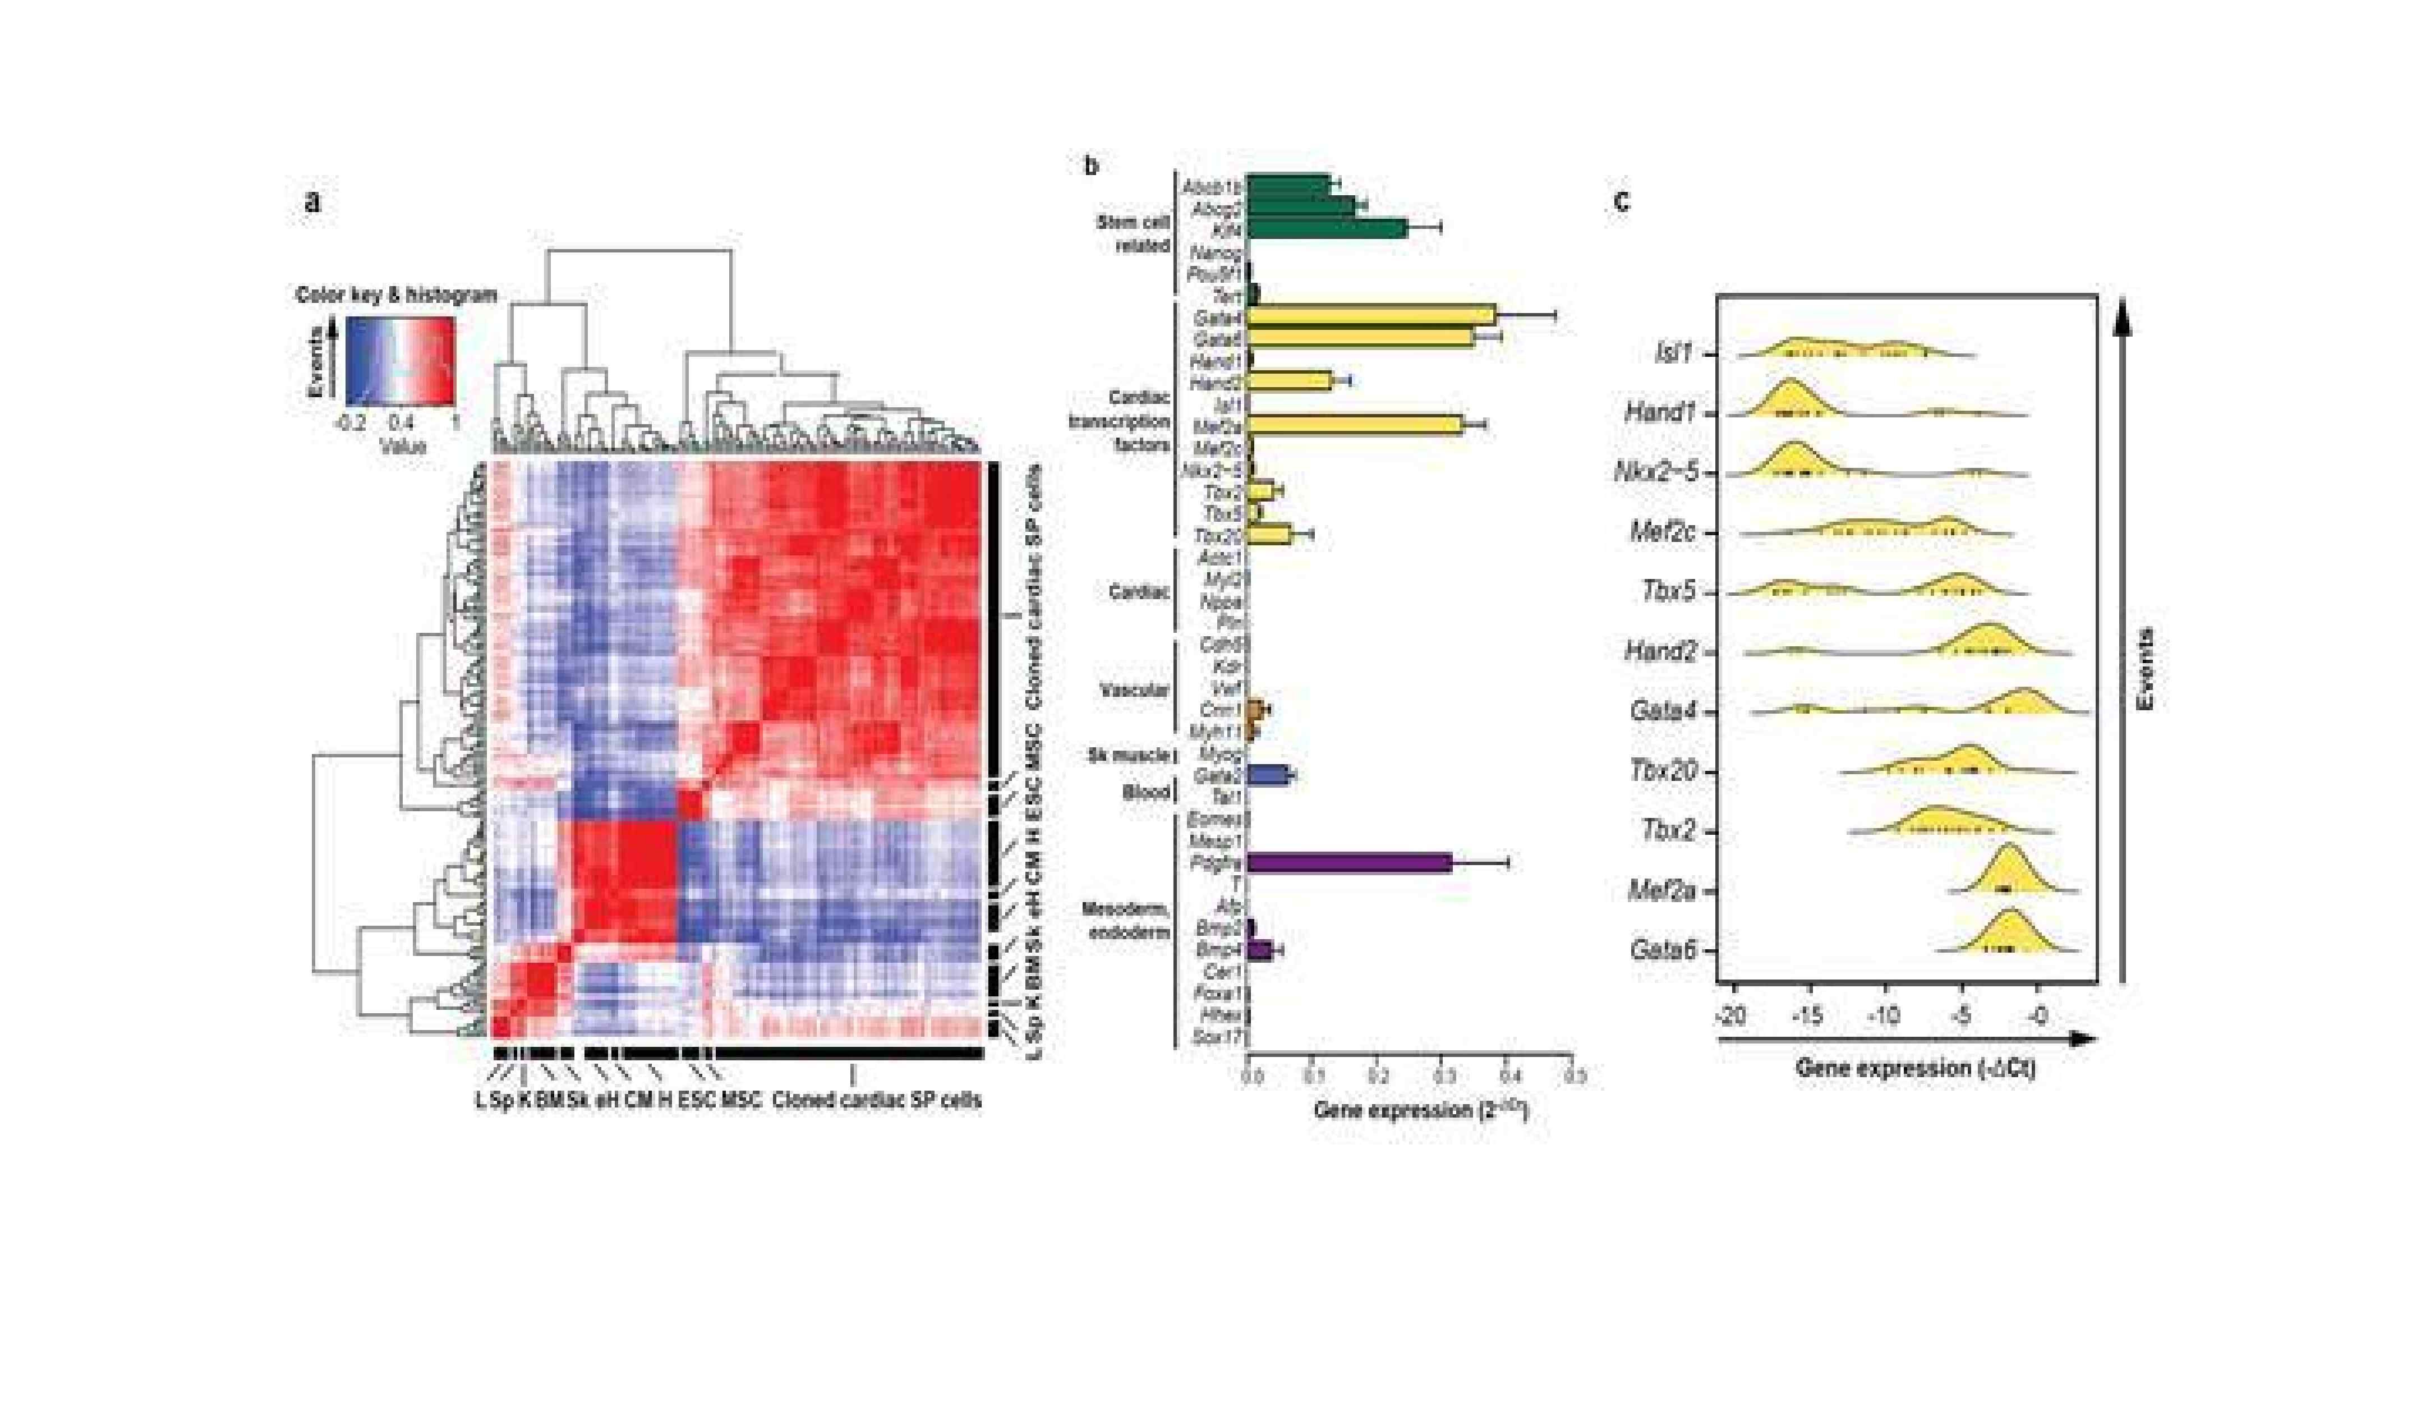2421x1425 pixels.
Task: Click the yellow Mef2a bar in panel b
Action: (1355, 425)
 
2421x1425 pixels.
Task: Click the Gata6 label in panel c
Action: (1661, 950)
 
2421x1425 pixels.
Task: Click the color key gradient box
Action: (399, 361)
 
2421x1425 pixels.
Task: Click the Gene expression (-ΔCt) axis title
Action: (1914, 1068)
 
